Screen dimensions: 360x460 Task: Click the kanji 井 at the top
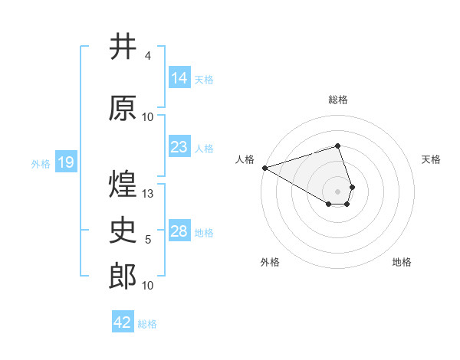123,47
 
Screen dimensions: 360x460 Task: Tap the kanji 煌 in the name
123,185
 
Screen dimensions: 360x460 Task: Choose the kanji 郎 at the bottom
123,277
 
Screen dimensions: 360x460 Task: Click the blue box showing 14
179,78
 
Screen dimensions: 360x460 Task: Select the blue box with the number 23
179,147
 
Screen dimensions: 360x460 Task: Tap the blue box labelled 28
179,231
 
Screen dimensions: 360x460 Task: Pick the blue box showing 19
65,162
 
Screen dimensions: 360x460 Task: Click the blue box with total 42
123,322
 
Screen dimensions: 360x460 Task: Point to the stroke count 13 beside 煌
149,194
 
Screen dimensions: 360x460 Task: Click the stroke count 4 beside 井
147,56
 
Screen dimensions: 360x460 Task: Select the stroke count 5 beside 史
148,240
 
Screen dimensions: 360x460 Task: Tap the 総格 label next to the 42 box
148,324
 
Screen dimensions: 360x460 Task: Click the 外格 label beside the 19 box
41,163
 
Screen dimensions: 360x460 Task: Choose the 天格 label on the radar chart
431,159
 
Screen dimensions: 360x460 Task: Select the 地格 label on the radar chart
402,262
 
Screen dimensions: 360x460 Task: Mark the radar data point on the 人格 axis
264,168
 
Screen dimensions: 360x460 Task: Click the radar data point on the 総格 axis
337,146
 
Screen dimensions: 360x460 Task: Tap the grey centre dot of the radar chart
337,190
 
